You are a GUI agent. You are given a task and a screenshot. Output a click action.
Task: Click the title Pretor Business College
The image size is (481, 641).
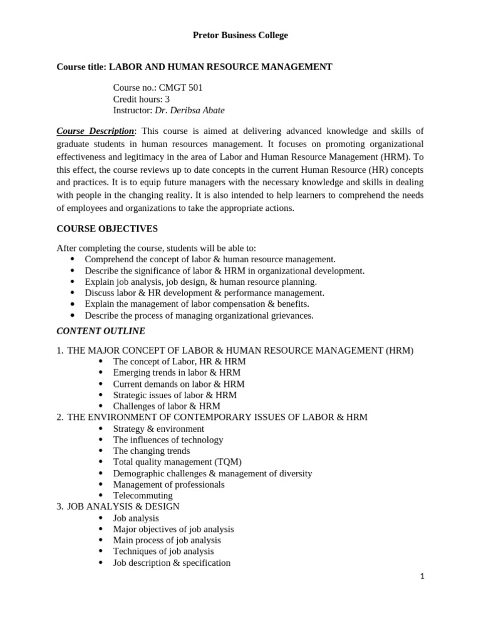click(x=240, y=36)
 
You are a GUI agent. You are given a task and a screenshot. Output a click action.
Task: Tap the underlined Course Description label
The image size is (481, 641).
click(x=95, y=131)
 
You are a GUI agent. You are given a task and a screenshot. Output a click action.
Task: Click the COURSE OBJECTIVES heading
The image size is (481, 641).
click(x=107, y=229)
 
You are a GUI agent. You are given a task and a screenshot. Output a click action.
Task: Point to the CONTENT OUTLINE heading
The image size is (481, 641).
click(x=101, y=331)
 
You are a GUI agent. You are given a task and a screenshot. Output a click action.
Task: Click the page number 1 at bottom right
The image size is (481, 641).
click(x=422, y=577)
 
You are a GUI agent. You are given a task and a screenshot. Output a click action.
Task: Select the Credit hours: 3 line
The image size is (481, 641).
click(x=142, y=99)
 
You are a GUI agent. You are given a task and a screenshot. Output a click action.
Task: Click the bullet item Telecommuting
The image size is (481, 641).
click(x=143, y=495)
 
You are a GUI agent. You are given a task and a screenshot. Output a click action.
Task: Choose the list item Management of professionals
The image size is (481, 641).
click(x=168, y=485)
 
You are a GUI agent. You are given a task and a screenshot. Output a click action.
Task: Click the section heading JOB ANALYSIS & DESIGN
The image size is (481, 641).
click(x=123, y=506)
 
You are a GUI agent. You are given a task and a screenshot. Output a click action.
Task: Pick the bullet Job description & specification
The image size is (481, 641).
click(x=172, y=563)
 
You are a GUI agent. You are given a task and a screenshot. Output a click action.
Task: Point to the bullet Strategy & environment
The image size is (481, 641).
click(x=158, y=429)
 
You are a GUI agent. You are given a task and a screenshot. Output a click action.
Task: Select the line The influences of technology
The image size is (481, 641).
click(x=168, y=439)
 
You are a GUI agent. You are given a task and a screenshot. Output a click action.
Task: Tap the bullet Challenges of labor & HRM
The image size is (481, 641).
click(x=167, y=406)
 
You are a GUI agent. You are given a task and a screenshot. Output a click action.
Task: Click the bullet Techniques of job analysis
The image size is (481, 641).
click(x=163, y=551)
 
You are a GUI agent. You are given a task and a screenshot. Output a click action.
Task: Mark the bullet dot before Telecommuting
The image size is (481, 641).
click(x=100, y=495)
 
